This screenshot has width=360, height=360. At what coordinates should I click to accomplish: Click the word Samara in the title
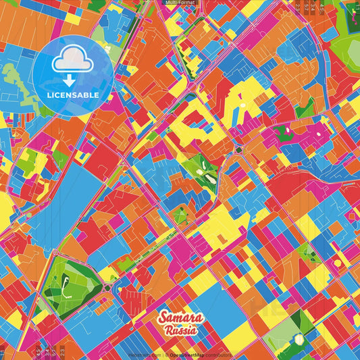pyautogui.click(x=180, y=317)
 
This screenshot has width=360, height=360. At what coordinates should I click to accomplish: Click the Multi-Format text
pyautogui.click(x=179, y=3)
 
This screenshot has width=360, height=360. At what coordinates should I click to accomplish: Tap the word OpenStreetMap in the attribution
pyautogui.click(x=188, y=354)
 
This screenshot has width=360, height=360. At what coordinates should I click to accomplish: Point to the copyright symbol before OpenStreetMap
pyautogui.click(x=166, y=354)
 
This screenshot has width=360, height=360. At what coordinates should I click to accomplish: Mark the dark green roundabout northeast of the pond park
pyautogui.click(x=238, y=149)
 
